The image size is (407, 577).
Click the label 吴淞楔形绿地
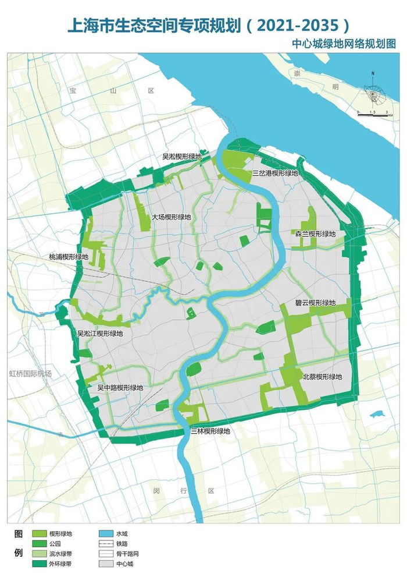pyautogui.click(x=181, y=157)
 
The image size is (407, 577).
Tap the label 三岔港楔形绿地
pyautogui.click(x=275, y=173)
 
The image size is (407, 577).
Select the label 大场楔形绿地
pyautogui.click(x=171, y=217)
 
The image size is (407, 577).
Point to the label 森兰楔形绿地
pyautogui.click(x=315, y=234)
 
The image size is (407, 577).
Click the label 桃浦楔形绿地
pyautogui.click(x=69, y=256)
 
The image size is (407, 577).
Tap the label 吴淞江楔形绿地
pyautogui.click(x=101, y=334)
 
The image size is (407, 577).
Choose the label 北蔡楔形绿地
pyautogui.click(x=323, y=377)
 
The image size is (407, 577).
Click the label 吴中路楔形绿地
pyautogui.click(x=120, y=387)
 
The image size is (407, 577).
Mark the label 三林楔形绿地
pyautogui.click(x=210, y=431)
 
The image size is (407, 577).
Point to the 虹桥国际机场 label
pyautogui.click(x=30, y=373)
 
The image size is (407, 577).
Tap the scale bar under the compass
pyautogui.click(x=372, y=115)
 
